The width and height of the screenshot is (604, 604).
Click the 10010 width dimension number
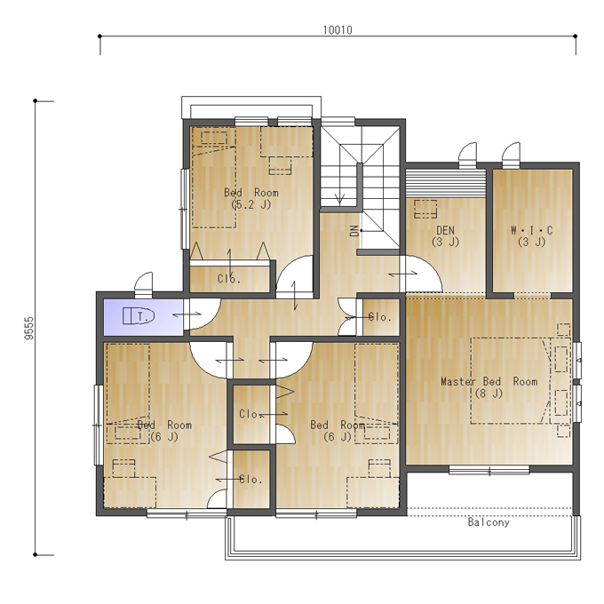pyautogui.click(x=338, y=30)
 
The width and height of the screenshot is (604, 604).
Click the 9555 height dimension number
pyautogui.click(x=29, y=328)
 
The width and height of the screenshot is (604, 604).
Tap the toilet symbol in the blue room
pyautogui.click(x=139, y=316)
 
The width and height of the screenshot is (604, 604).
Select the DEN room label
pyautogui.click(x=445, y=230)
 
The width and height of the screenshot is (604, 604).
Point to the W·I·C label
pyautogui.click(x=531, y=230)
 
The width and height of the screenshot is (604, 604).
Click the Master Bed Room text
pyautogui.click(x=489, y=381)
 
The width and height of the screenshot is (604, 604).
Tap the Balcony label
pyautogui.click(x=489, y=522)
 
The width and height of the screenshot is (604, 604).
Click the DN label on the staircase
pyautogui.click(x=354, y=231)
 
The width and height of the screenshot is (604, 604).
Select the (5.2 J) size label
pyautogui.click(x=251, y=204)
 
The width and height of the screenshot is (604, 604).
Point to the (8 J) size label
pyautogui.click(x=489, y=393)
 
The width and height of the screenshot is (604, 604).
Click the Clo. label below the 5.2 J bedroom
pyautogui.click(x=229, y=279)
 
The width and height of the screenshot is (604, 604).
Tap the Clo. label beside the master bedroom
pyautogui.click(x=380, y=317)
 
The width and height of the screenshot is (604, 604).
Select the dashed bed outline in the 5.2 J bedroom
pyautogui.click(x=214, y=187)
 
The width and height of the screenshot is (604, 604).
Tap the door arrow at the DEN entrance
pyautogui.click(x=403, y=274)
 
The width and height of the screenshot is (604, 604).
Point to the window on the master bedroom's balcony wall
pyautogui.click(x=489, y=471)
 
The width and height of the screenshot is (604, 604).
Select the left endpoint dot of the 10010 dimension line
pyautogui.click(x=99, y=36)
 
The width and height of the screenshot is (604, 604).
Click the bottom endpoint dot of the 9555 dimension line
pyautogui.click(x=35, y=554)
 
